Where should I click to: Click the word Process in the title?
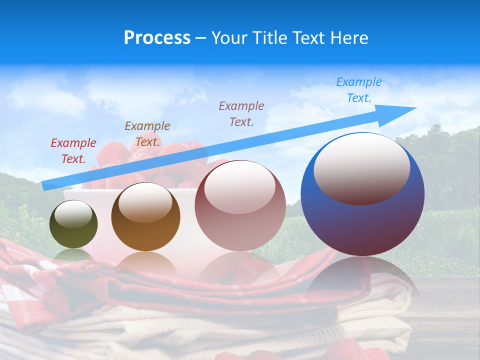[157, 38]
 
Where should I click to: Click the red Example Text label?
[73, 151]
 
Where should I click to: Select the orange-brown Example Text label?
[147, 134]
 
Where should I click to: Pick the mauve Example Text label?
[241, 113]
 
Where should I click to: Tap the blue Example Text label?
[358, 90]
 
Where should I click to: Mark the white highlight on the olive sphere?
[73, 215]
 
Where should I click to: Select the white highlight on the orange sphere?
[145, 202]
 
